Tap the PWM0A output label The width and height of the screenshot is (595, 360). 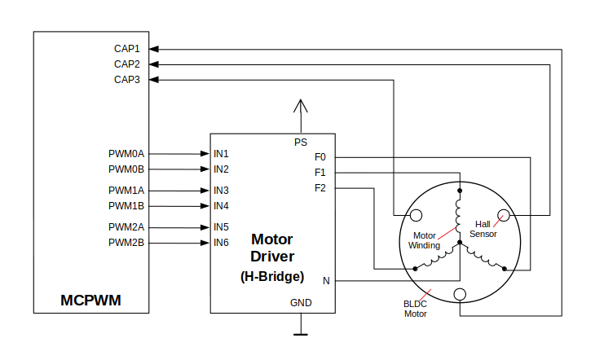click(x=126, y=153)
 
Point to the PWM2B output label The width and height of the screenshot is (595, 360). click(x=126, y=243)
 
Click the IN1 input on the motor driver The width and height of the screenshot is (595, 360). click(x=221, y=153)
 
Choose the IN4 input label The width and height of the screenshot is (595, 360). click(x=221, y=205)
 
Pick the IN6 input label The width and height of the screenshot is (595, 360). click(x=221, y=243)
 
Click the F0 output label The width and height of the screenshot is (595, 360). click(x=320, y=156)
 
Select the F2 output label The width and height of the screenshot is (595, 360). click(x=320, y=188)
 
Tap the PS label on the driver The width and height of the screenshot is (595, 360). click(x=301, y=143)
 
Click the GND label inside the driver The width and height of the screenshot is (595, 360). click(x=301, y=303)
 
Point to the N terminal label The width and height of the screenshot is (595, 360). click(x=326, y=281)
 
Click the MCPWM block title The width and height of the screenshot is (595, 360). click(x=90, y=301)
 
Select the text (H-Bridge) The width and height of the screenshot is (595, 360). click(x=272, y=276)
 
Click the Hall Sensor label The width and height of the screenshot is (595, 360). click(x=483, y=229)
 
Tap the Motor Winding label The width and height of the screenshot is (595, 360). click(x=424, y=240)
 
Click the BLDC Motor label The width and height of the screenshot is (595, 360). click(x=416, y=309)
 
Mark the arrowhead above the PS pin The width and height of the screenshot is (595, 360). click(x=301, y=106)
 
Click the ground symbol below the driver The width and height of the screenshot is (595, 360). click(x=301, y=332)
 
